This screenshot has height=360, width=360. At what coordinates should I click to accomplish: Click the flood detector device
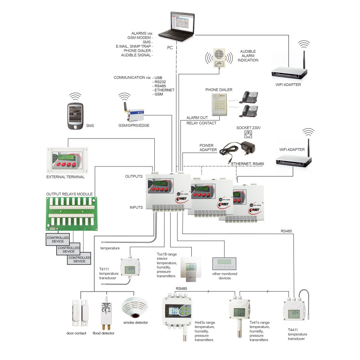[x=106, y=311]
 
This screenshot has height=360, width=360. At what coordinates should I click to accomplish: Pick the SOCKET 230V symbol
[x=246, y=135]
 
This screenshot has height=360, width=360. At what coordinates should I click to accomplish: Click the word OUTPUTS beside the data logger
[x=134, y=176]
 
